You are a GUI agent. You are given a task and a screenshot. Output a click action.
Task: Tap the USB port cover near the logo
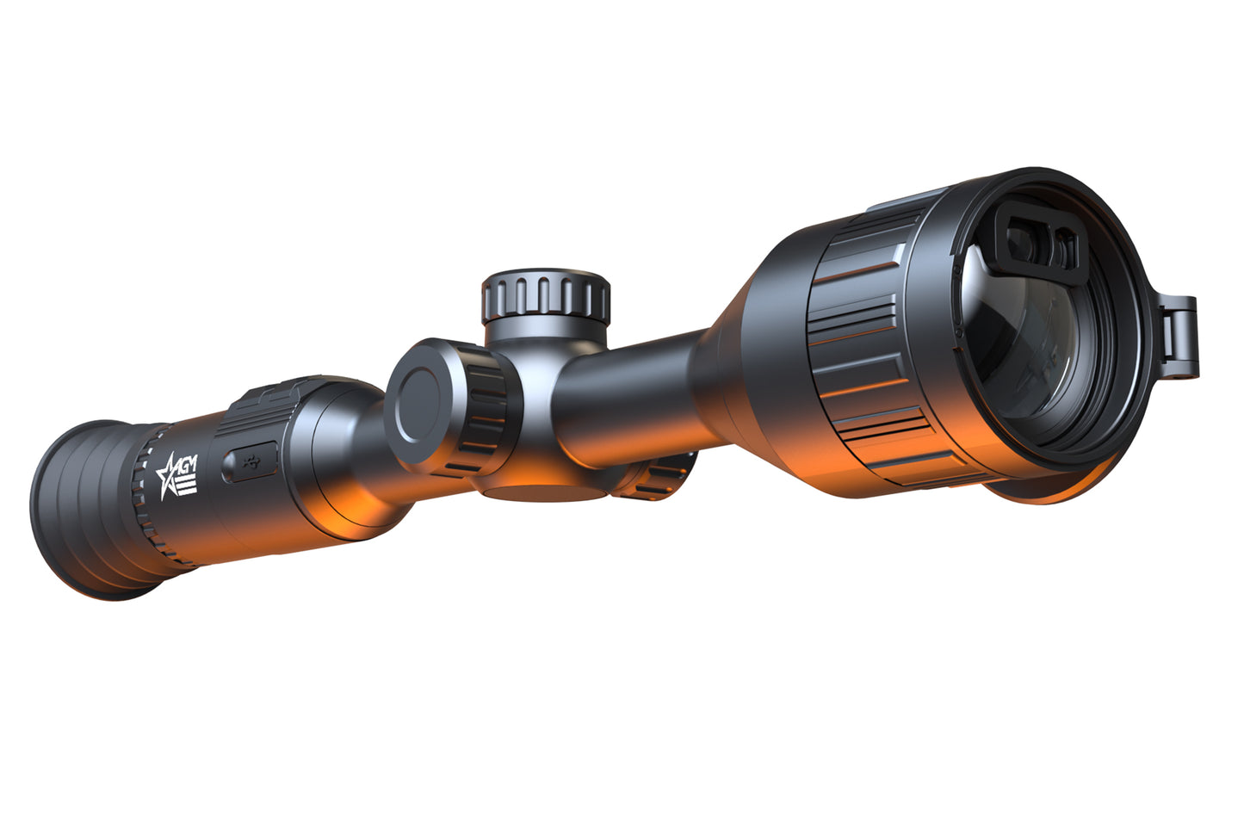point(251,462)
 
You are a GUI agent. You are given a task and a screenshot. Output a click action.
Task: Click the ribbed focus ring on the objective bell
point(870,344)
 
